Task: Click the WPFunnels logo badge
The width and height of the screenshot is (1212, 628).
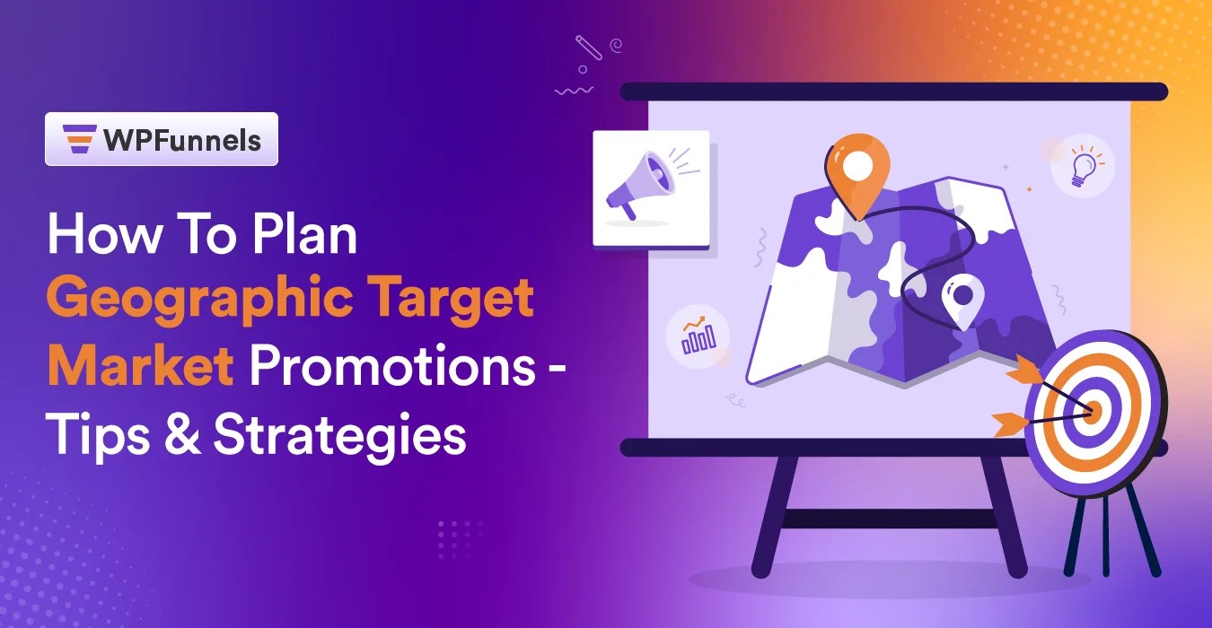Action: click(x=162, y=139)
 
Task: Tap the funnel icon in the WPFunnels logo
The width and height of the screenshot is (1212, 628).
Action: click(x=80, y=139)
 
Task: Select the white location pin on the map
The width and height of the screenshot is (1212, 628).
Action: click(x=962, y=300)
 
